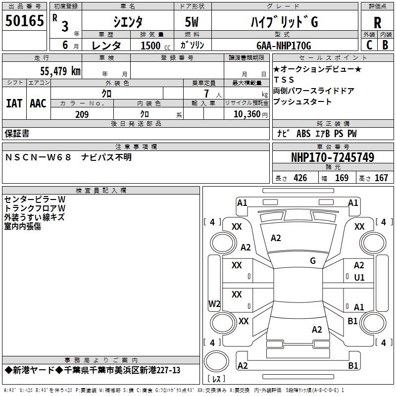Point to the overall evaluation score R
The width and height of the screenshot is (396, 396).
click(x=377, y=23)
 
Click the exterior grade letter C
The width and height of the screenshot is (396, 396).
click(x=369, y=45)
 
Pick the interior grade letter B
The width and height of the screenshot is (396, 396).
click(x=386, y=45)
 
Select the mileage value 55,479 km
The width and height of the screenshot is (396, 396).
click(x=59, y=71)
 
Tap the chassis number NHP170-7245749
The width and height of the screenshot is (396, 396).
click(x=332, y=157)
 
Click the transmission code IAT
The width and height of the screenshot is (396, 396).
click(x=14, y=103)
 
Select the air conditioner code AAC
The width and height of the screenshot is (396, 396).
click(x=38, y=103)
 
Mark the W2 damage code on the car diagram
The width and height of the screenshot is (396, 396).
click(x=214, y=304)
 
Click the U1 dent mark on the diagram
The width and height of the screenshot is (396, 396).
click(x=359, y=278)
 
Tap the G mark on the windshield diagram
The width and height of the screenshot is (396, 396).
click(x=313, y=261)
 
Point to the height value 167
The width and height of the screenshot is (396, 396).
click(x=381, y=178)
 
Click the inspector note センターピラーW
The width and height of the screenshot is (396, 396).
click(x=34, y=199)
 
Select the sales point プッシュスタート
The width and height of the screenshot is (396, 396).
click(x=302, y=102)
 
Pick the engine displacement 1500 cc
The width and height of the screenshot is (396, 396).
click(x=153, y=46)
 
